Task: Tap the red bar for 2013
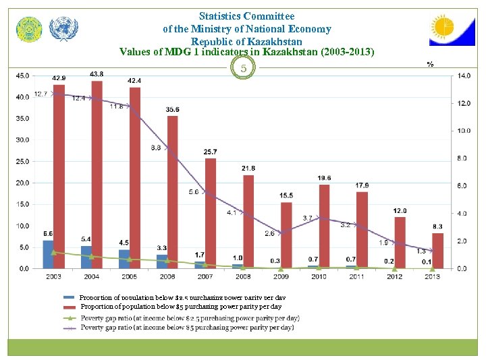(437, 250)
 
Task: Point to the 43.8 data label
(97, 73)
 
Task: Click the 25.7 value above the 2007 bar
(210, 152)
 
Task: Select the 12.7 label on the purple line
(40, 94)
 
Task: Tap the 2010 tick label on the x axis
(319, 276)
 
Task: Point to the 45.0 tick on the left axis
(22, 75)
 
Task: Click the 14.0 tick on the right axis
(464, 75)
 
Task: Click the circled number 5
(245, 68)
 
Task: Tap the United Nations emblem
(64, 29)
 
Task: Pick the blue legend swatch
(69, 297)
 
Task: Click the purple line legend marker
(69, 328)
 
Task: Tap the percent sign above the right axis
(429, 64)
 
